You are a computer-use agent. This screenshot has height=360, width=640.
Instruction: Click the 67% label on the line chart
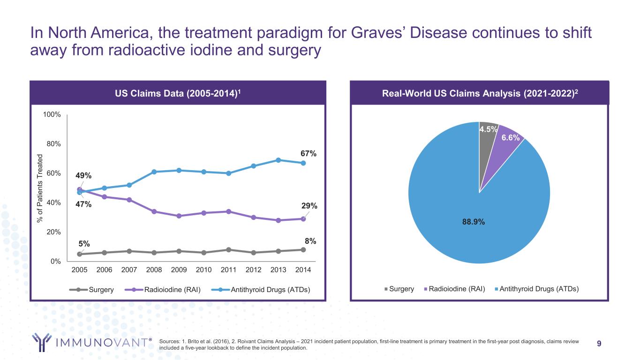click(x=309, y=153)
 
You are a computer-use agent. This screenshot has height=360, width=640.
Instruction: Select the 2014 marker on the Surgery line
click(x=303, y=250)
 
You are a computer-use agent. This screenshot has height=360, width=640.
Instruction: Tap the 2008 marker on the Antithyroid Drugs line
click(x=154, y=172)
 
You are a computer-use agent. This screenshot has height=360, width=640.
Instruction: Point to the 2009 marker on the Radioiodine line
click(x=179, y=216)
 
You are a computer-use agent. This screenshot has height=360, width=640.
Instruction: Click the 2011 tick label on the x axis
click(x=229, y=270)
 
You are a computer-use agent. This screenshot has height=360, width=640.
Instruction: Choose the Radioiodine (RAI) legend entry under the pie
click(x=455, y=289)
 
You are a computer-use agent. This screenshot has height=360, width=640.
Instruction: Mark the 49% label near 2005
click(x=83, y=176)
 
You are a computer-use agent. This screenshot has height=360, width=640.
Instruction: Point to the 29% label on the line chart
click(x=309, y=206)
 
